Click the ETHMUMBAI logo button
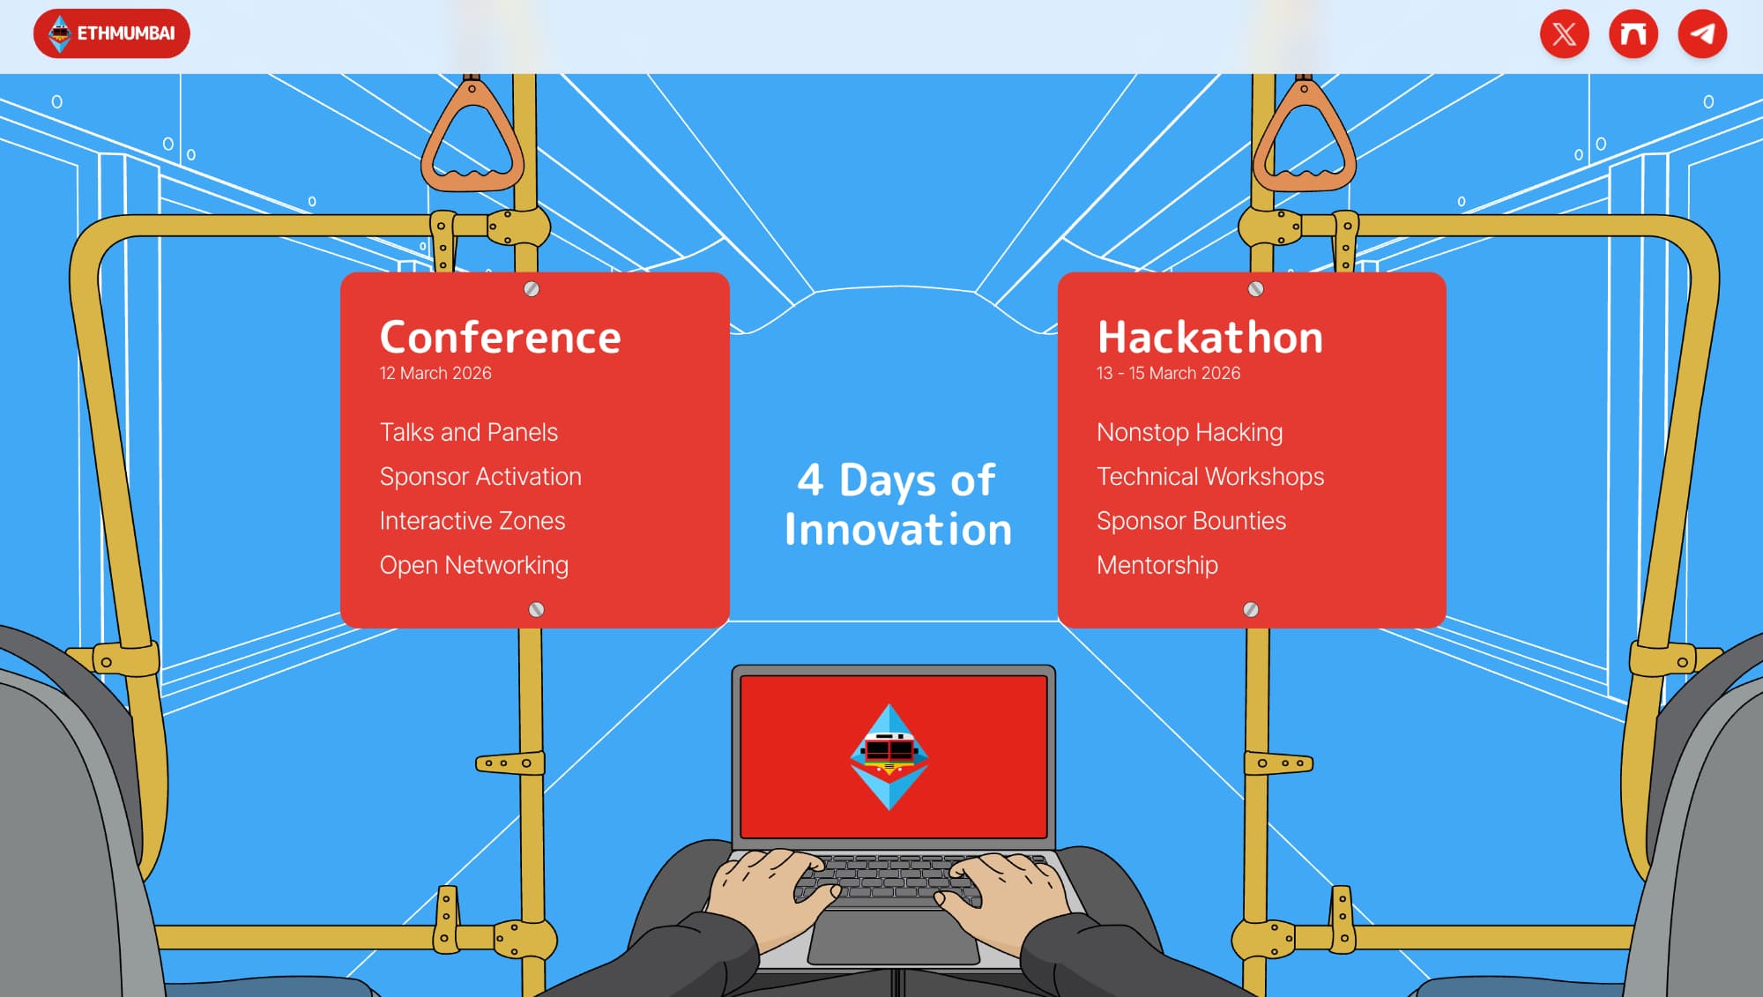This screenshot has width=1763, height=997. pos(112,33)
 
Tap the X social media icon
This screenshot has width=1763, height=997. pos(1565,34)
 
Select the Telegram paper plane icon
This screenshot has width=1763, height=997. pos(1702,34)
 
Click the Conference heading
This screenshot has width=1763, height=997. pos(501,337)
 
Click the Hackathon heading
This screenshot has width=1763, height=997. pos(1210,337)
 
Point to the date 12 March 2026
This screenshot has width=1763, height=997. pos(435,373)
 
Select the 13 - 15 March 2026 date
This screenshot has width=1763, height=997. pos(1168,373)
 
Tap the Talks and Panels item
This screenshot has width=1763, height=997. pos(469,432)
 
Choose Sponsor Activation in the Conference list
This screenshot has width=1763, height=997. pos(480,477)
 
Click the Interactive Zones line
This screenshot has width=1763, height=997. pos(472,521)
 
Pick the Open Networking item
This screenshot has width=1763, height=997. pos(474,566)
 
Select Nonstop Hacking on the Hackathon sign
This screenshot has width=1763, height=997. pos(1190,433)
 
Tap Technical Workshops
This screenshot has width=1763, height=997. pos(1210,477)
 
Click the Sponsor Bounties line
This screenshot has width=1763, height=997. pos(1192,521)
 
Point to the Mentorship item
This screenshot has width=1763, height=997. pos(1157,565)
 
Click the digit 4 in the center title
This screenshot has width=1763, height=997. pos(811,480)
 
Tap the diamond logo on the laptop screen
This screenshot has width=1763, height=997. pos(889,756)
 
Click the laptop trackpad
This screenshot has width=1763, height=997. pos(894,936)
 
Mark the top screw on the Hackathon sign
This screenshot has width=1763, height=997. pos(1256,289)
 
